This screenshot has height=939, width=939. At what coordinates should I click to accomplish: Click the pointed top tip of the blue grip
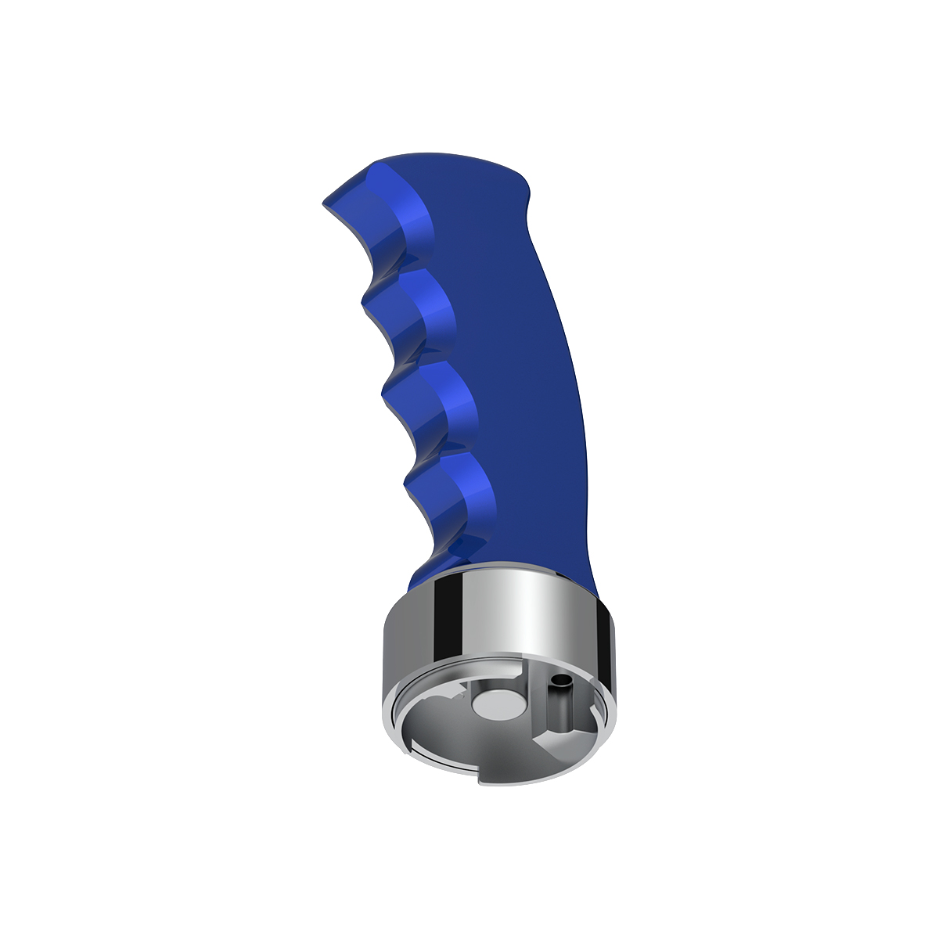326,204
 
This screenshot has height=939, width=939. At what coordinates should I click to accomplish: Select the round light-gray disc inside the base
498,703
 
